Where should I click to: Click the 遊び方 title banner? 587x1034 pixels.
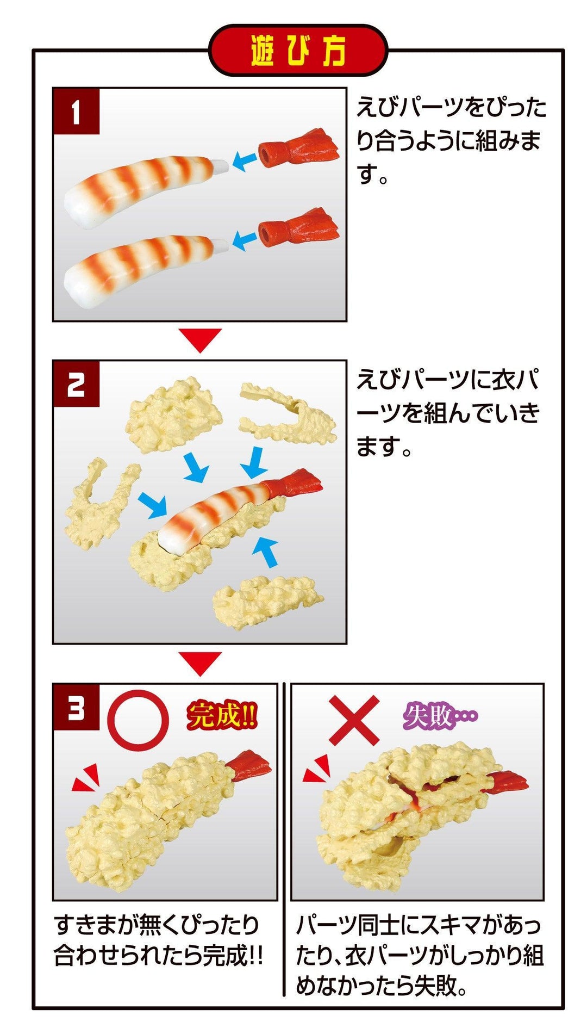tap(298, 51)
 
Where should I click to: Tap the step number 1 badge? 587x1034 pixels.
tap(76, 112)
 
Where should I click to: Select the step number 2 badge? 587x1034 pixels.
tap(76, 384)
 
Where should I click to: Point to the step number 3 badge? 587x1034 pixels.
tap(76, 708)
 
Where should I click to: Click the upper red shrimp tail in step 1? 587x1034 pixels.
tap(299, 149)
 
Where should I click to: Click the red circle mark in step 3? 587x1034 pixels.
tap(138, 720)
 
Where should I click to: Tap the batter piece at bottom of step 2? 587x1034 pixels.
tap(266, 602)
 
